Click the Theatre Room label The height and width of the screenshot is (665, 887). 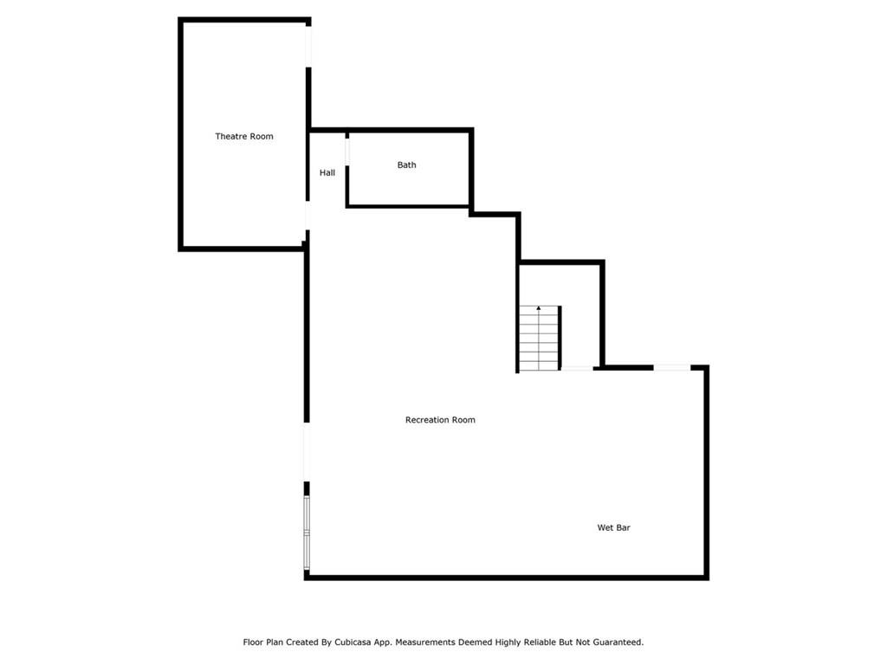[x=243, y=136]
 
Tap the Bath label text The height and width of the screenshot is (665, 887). [x=406, y=165]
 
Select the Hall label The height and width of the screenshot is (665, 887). [x=327, y=173]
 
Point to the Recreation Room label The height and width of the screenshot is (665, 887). [x=440, y=420]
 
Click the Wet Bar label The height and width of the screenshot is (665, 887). [x=614, y=527]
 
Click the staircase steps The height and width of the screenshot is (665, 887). [x=540, y=339]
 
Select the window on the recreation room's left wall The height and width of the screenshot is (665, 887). [x=307, y=533]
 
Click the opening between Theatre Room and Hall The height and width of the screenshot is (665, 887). [x=308, y=216]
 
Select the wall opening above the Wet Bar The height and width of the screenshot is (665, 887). [x=672, y=367]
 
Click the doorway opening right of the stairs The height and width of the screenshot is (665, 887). [x=577, y=369]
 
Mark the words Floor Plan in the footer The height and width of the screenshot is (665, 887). [x=263, y=642]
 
